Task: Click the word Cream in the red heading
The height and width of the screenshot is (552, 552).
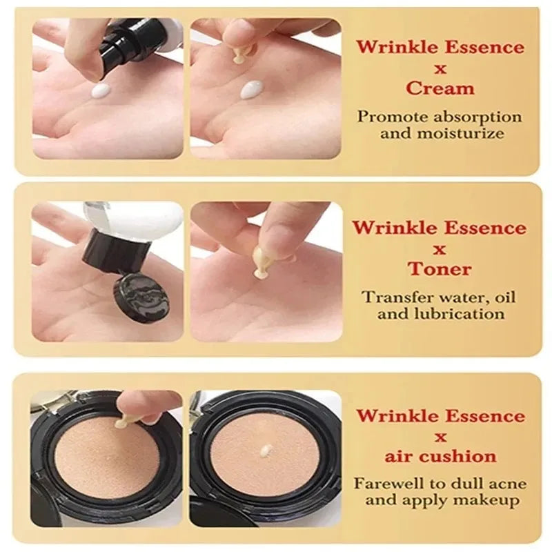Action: [440, 88]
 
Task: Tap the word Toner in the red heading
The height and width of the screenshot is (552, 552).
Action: [440, 269]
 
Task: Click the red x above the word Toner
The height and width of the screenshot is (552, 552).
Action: [440, 250]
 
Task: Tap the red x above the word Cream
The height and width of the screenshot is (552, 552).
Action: [440, 69]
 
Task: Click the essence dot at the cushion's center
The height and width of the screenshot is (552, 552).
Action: [266, 451]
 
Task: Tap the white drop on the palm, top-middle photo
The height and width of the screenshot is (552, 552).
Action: [251, 90]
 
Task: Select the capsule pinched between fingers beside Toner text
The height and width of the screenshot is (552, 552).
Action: [262, 263]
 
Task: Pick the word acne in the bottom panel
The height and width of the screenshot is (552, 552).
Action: [509, 484]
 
